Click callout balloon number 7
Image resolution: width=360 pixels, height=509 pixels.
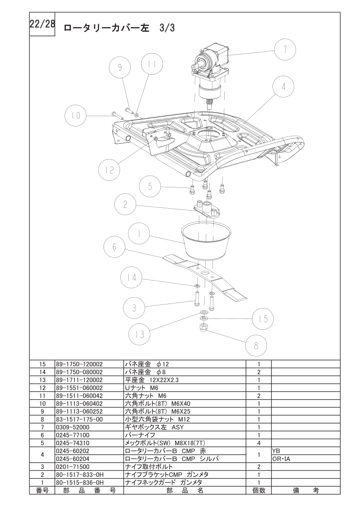tap(285, 50)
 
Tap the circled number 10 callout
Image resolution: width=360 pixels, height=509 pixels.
tap(75, 116)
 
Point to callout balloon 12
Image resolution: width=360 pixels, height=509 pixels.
tap(109, 171)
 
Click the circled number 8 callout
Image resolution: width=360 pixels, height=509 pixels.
tap(256, 345)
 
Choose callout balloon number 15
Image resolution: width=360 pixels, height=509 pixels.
tap(263, 318)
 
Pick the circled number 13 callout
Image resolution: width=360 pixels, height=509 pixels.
tap(139, 334)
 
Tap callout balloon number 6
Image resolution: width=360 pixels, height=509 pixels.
tap(114, 247)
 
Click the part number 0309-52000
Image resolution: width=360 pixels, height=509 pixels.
tap(73, 427)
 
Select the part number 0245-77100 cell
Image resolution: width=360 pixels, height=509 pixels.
tap(73, 435)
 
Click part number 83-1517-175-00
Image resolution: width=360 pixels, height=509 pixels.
tap(79, 420)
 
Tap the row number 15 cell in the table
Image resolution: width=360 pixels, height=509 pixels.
tap(43, 364)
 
